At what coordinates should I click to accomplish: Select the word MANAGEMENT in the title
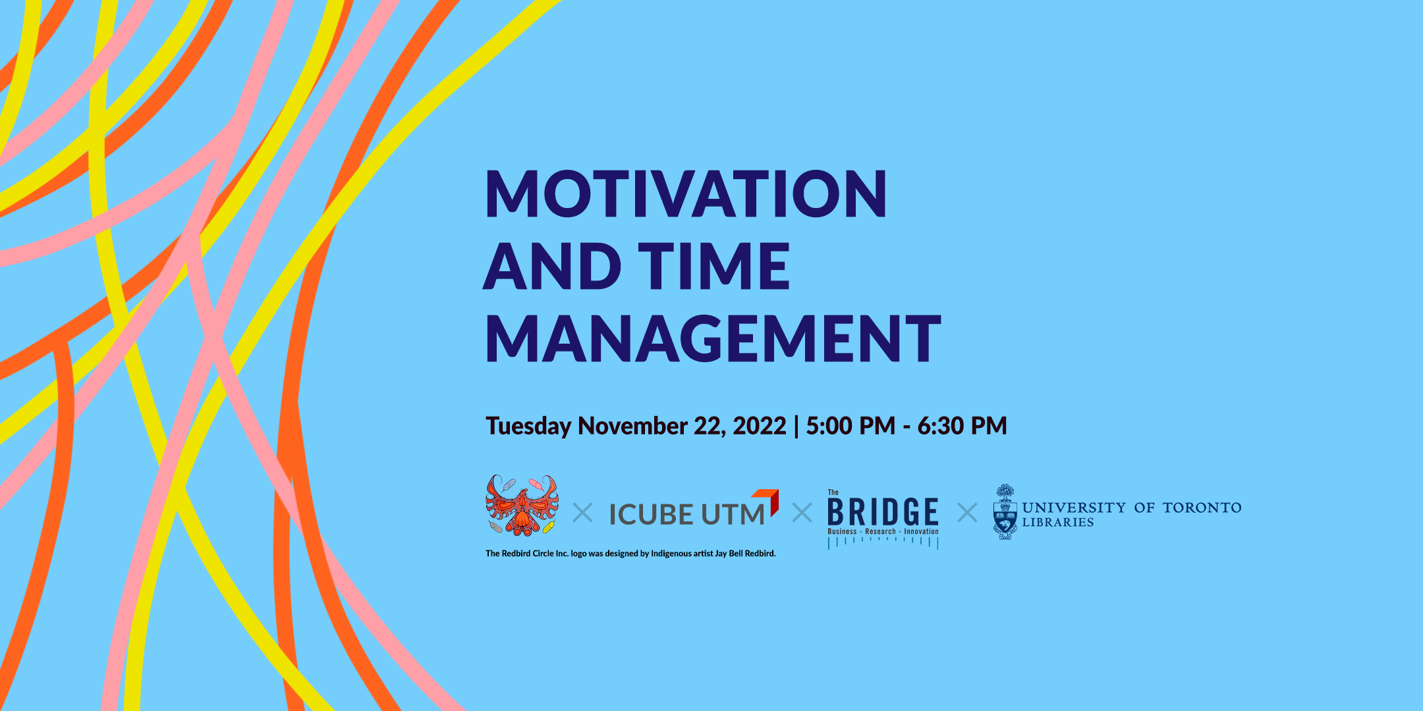[713, 338]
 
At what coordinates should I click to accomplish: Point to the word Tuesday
[528, 427]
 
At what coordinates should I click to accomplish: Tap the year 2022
[760, 426]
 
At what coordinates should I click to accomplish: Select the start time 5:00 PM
[851, 426]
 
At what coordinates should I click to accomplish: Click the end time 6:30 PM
[962, 426]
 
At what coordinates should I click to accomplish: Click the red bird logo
[522, 505]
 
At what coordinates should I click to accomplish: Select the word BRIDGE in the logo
[883, 512]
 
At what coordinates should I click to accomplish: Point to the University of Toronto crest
[1005, 512]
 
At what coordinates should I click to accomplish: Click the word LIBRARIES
[1058, 523]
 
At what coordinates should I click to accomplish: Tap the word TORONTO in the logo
[1202, 508]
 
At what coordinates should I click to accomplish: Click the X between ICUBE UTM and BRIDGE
[802, 513]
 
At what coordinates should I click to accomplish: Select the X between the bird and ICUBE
[582, 513]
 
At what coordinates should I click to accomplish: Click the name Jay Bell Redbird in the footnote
[744, 554]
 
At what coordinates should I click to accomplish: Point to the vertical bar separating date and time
[796, 427]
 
